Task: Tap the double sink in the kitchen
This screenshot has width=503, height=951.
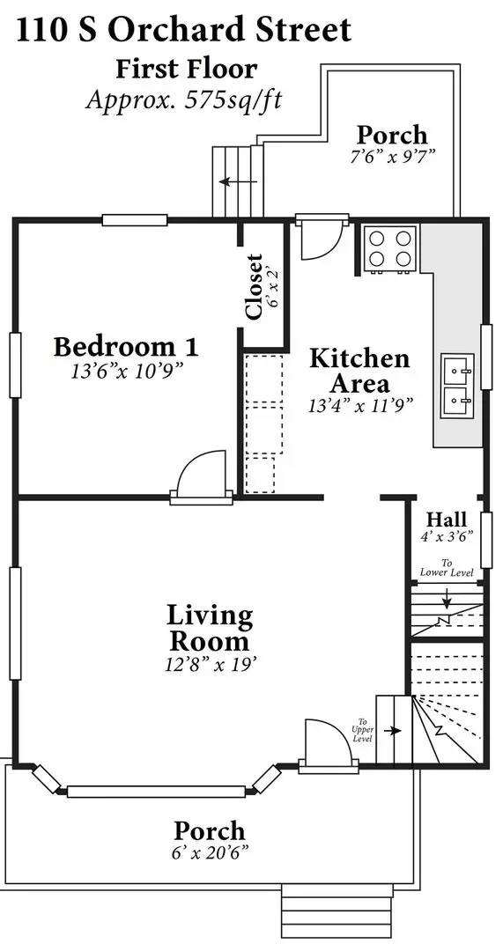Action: point(457,386)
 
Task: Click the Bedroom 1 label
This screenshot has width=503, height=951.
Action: point(126,348)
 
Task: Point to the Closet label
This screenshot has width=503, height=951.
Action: point(254,287)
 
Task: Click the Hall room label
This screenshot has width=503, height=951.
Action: point(447,520)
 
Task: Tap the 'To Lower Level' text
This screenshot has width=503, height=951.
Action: point(448,568)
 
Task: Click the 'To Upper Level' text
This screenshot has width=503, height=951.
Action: point(363,732)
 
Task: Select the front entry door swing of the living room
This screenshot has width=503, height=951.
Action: point(328,743)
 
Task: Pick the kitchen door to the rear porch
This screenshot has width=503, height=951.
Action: point(322,240)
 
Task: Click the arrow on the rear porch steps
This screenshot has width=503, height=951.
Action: point(238,181)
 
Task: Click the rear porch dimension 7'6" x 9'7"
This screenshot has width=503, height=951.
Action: point(392,156)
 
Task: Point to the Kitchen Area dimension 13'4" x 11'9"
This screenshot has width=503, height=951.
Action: point(360,405)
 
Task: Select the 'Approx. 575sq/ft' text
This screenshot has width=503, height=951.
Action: point(184,100)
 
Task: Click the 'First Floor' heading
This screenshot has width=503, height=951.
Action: point(187,69)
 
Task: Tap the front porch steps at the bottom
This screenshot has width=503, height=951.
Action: point(337,917)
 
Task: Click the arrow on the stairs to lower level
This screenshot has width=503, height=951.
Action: point(448,597)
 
